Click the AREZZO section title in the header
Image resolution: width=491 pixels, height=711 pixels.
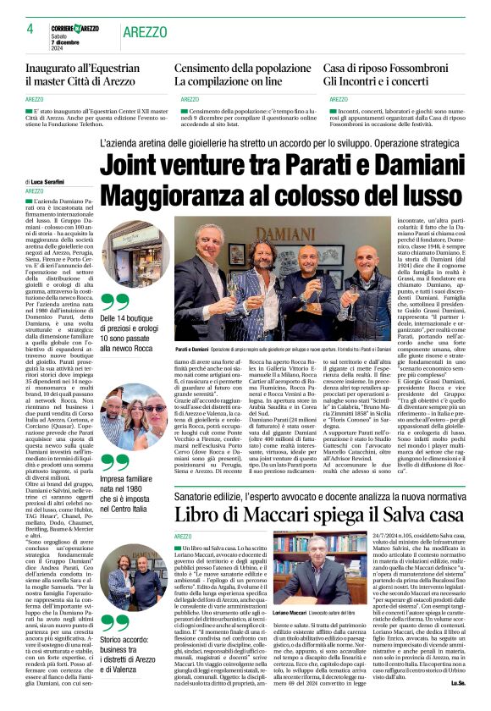145,31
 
